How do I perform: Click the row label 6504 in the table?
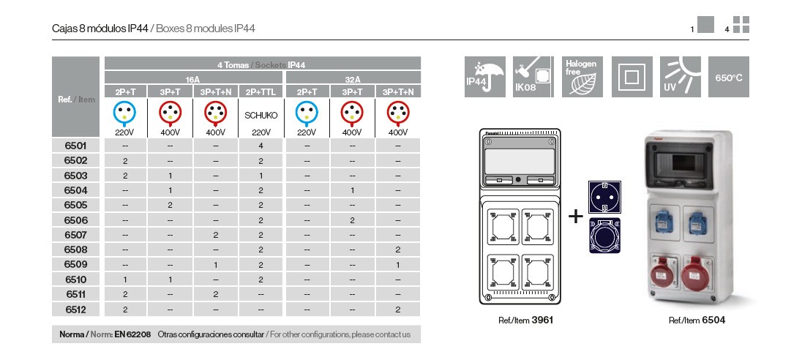[x=75, y=190]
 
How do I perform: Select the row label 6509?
[x=75, y=265]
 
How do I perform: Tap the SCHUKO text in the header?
[x=261, y=115]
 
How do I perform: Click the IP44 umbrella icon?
[x=485, y=76]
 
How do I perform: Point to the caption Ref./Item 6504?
[x=697, y=320]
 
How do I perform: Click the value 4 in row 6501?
[x=261, y=146]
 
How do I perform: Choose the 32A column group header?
[x=353, y=78]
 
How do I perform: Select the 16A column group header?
[x=193, y=78]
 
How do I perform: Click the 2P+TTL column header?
[x=261, y=91]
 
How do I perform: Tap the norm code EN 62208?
[x=132, y=334]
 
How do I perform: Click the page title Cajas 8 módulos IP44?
[x=100, y=29]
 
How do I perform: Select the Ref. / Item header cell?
[x=76, y=100]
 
